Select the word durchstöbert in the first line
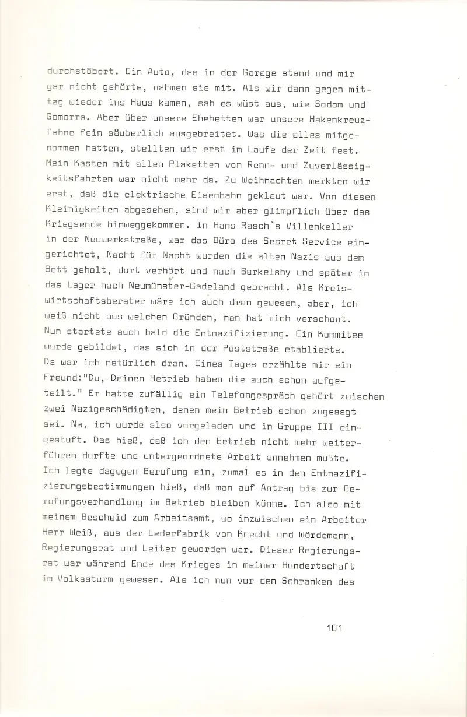79,75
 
